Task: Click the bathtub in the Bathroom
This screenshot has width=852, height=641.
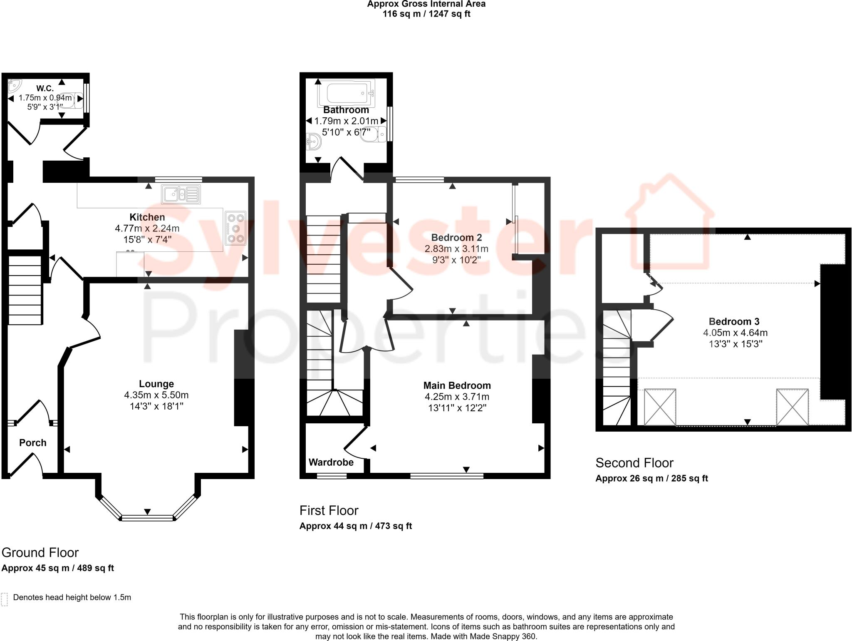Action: pyautogui.click(x=347, y=93)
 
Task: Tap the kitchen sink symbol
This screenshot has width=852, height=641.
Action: pyautogui.click(x=181, y=194)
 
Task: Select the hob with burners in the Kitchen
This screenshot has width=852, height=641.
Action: pyautogui.click(x=235, y=228)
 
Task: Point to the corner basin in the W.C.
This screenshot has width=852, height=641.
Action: pyautogui.click(x=14, y=85)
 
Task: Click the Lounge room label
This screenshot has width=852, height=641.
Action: pyautogui.click(x=156, y=384)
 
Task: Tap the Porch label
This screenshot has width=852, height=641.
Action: pyautogui.click(x=33, y=443)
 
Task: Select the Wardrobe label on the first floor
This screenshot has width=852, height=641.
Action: pyautogui.click(x=331, y=462)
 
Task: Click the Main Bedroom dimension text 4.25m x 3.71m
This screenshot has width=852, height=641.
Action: pyautogui.click(x=457, y=397)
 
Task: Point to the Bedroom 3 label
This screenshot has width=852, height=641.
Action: pyautogui.click(x=734, y=321)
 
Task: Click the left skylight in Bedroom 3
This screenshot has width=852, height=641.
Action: pyautogui.click(x=660, y=407)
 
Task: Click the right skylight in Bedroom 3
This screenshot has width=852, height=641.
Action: pyautogui.click(x=792, y=407)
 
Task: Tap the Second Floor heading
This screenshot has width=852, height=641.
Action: pyautogui.click(x=634, y=463)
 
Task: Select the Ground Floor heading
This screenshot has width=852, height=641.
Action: pyautogui.click(x=40, y=553)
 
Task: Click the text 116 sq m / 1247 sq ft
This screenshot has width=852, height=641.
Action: pyautogui.click(x=426, y=14)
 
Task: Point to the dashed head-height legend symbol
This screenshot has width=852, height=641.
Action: pyautogui.click(x=5, y=599)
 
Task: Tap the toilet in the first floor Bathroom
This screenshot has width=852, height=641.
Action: pyautogui.click(x=374, y=134)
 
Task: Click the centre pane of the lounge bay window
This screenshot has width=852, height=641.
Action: pyautogui.click(x=147, y=518)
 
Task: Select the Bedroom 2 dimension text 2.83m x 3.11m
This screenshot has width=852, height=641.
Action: pyautogui.click(x=456, y=249)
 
